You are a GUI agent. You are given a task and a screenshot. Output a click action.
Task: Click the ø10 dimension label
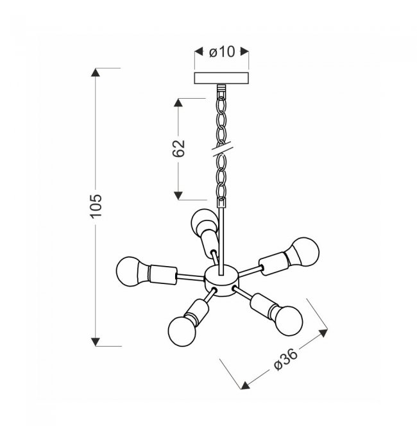(x=222, y=52)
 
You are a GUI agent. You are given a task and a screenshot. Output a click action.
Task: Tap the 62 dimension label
(x=179, y=149)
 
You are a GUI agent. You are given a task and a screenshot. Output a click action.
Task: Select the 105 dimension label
(x=96, y=206)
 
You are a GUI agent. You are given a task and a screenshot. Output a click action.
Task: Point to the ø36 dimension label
(x=285, y=359)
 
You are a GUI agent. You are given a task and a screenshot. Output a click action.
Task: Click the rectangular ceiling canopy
(x=221, y=78)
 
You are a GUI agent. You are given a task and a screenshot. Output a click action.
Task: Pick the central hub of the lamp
(x=221, y=280)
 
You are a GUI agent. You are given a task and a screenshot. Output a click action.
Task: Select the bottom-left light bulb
(x=182, y=331)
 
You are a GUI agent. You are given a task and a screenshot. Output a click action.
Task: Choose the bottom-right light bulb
(x=288, y=321)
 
